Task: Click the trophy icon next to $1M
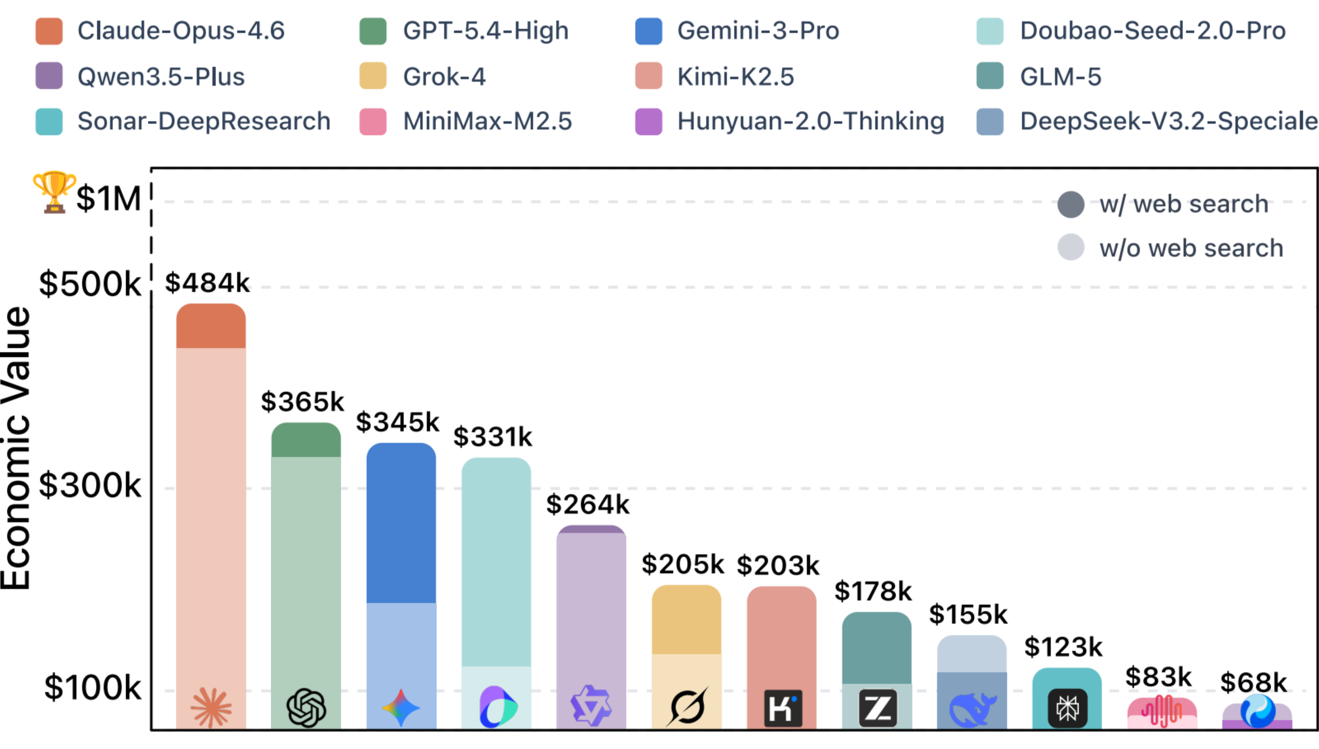54,191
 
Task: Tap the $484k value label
207,283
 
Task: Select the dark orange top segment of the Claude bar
211,326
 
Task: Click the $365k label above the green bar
302,401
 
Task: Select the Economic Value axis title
16,448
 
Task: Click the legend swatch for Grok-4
373,76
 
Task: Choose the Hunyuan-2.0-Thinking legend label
810,121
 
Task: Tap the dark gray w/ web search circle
1071,204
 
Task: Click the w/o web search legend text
1190,248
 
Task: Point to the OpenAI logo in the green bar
306,708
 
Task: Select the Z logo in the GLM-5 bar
877,708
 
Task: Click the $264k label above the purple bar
587,504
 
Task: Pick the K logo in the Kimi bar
782,708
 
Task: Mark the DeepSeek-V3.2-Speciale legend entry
1168,121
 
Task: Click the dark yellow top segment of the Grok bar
686,620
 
